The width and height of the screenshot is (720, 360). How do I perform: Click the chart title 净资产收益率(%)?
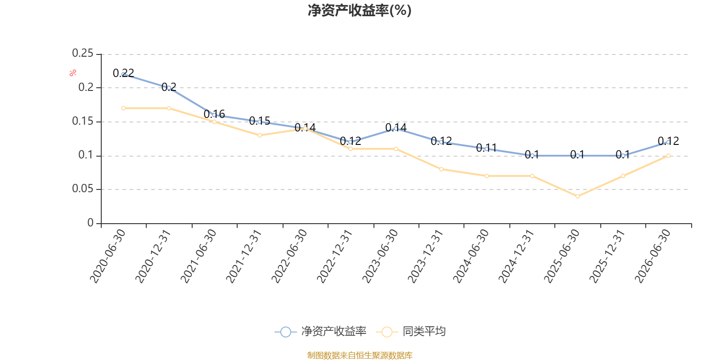[360, 10]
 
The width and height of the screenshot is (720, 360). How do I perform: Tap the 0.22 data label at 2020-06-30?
[123, 73]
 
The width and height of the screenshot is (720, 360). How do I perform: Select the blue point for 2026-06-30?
[669, 142]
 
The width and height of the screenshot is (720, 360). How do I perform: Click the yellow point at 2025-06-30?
[578, 196]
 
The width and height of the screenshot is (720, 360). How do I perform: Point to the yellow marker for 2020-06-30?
[123, 108]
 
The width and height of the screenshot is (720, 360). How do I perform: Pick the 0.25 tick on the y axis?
[83, 53]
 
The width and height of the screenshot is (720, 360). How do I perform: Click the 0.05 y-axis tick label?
[83, 189]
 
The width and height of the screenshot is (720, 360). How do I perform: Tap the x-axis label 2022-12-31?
[335, 256]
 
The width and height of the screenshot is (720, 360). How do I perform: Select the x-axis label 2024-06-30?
[471, 256]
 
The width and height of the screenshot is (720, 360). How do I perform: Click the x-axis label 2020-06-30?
[108, 256]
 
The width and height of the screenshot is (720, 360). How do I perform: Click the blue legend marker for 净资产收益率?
[285, 332]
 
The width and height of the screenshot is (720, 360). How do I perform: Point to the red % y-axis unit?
[73, 73]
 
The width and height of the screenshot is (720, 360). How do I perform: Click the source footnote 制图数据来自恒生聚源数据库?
[360, 355]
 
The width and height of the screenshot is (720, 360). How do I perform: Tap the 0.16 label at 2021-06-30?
[214, 114]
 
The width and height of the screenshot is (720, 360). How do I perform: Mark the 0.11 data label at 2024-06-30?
[486, 148]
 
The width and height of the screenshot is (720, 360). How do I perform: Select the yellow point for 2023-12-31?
[441, 169]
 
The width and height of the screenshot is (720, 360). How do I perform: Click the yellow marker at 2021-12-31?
[260, 135]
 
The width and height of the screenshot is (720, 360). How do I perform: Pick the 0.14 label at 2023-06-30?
[396, 128]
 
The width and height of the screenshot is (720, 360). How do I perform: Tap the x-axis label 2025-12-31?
[607, 256]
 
